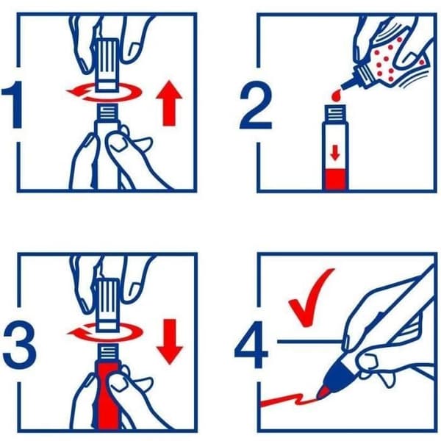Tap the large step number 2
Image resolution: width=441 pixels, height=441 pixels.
pyautogui.click(x=256, y=104)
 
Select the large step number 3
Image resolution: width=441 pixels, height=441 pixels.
pyautogui.click(x=20, y=344)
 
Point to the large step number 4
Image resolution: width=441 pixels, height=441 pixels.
pyautogui.click(x=251, y=344)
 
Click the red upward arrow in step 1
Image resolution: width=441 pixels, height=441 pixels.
pyautogui.click(x=169, y=103)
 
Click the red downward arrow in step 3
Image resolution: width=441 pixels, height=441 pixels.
pyautogui.click(x=170, y=342)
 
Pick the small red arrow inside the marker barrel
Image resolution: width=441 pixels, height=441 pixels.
pyautogui.click(x=334, y=153)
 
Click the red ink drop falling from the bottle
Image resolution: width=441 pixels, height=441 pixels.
pyautogui.click(x=336, y=95)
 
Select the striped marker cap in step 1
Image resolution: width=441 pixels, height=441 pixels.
pyautogui.click(x=107, y=65)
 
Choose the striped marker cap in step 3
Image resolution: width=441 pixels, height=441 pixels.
pyautogui.click(x=107, y=304)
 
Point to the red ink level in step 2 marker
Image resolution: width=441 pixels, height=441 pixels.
pyautogui.click(x=335, y=179)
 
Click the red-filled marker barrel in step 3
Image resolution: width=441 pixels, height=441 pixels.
pyautogui.click(x=108, y=397)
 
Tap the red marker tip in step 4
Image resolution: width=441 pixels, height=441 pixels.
pyautogui.click(x=323, y=392)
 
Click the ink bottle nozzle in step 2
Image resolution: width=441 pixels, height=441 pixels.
pyautogui.click(x=348, y=83)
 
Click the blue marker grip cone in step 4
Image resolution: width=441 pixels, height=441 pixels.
pyautogui.click(x=341, y=374)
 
